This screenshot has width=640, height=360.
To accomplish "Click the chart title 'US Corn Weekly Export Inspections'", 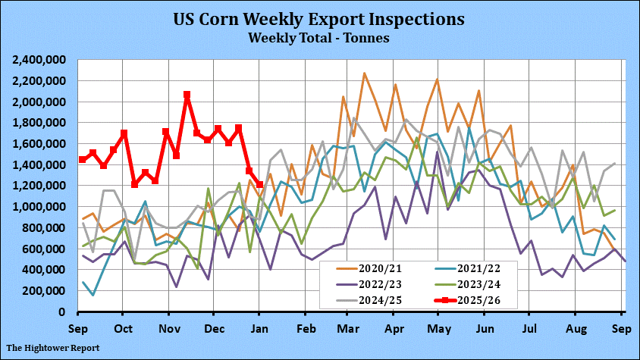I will coord(319,18).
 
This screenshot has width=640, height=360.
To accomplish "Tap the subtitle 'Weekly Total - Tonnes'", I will coord(319,36).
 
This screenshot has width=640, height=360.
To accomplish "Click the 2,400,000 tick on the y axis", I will coord(38,60).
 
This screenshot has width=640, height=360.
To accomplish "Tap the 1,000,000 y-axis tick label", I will coord(38,207).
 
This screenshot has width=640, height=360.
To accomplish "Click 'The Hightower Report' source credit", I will coord(54,349).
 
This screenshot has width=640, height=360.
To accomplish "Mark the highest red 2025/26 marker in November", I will coord(187,95).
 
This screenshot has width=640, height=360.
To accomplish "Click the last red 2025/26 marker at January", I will coord(259,184).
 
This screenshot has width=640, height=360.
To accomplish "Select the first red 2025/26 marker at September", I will coord(82,159).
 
